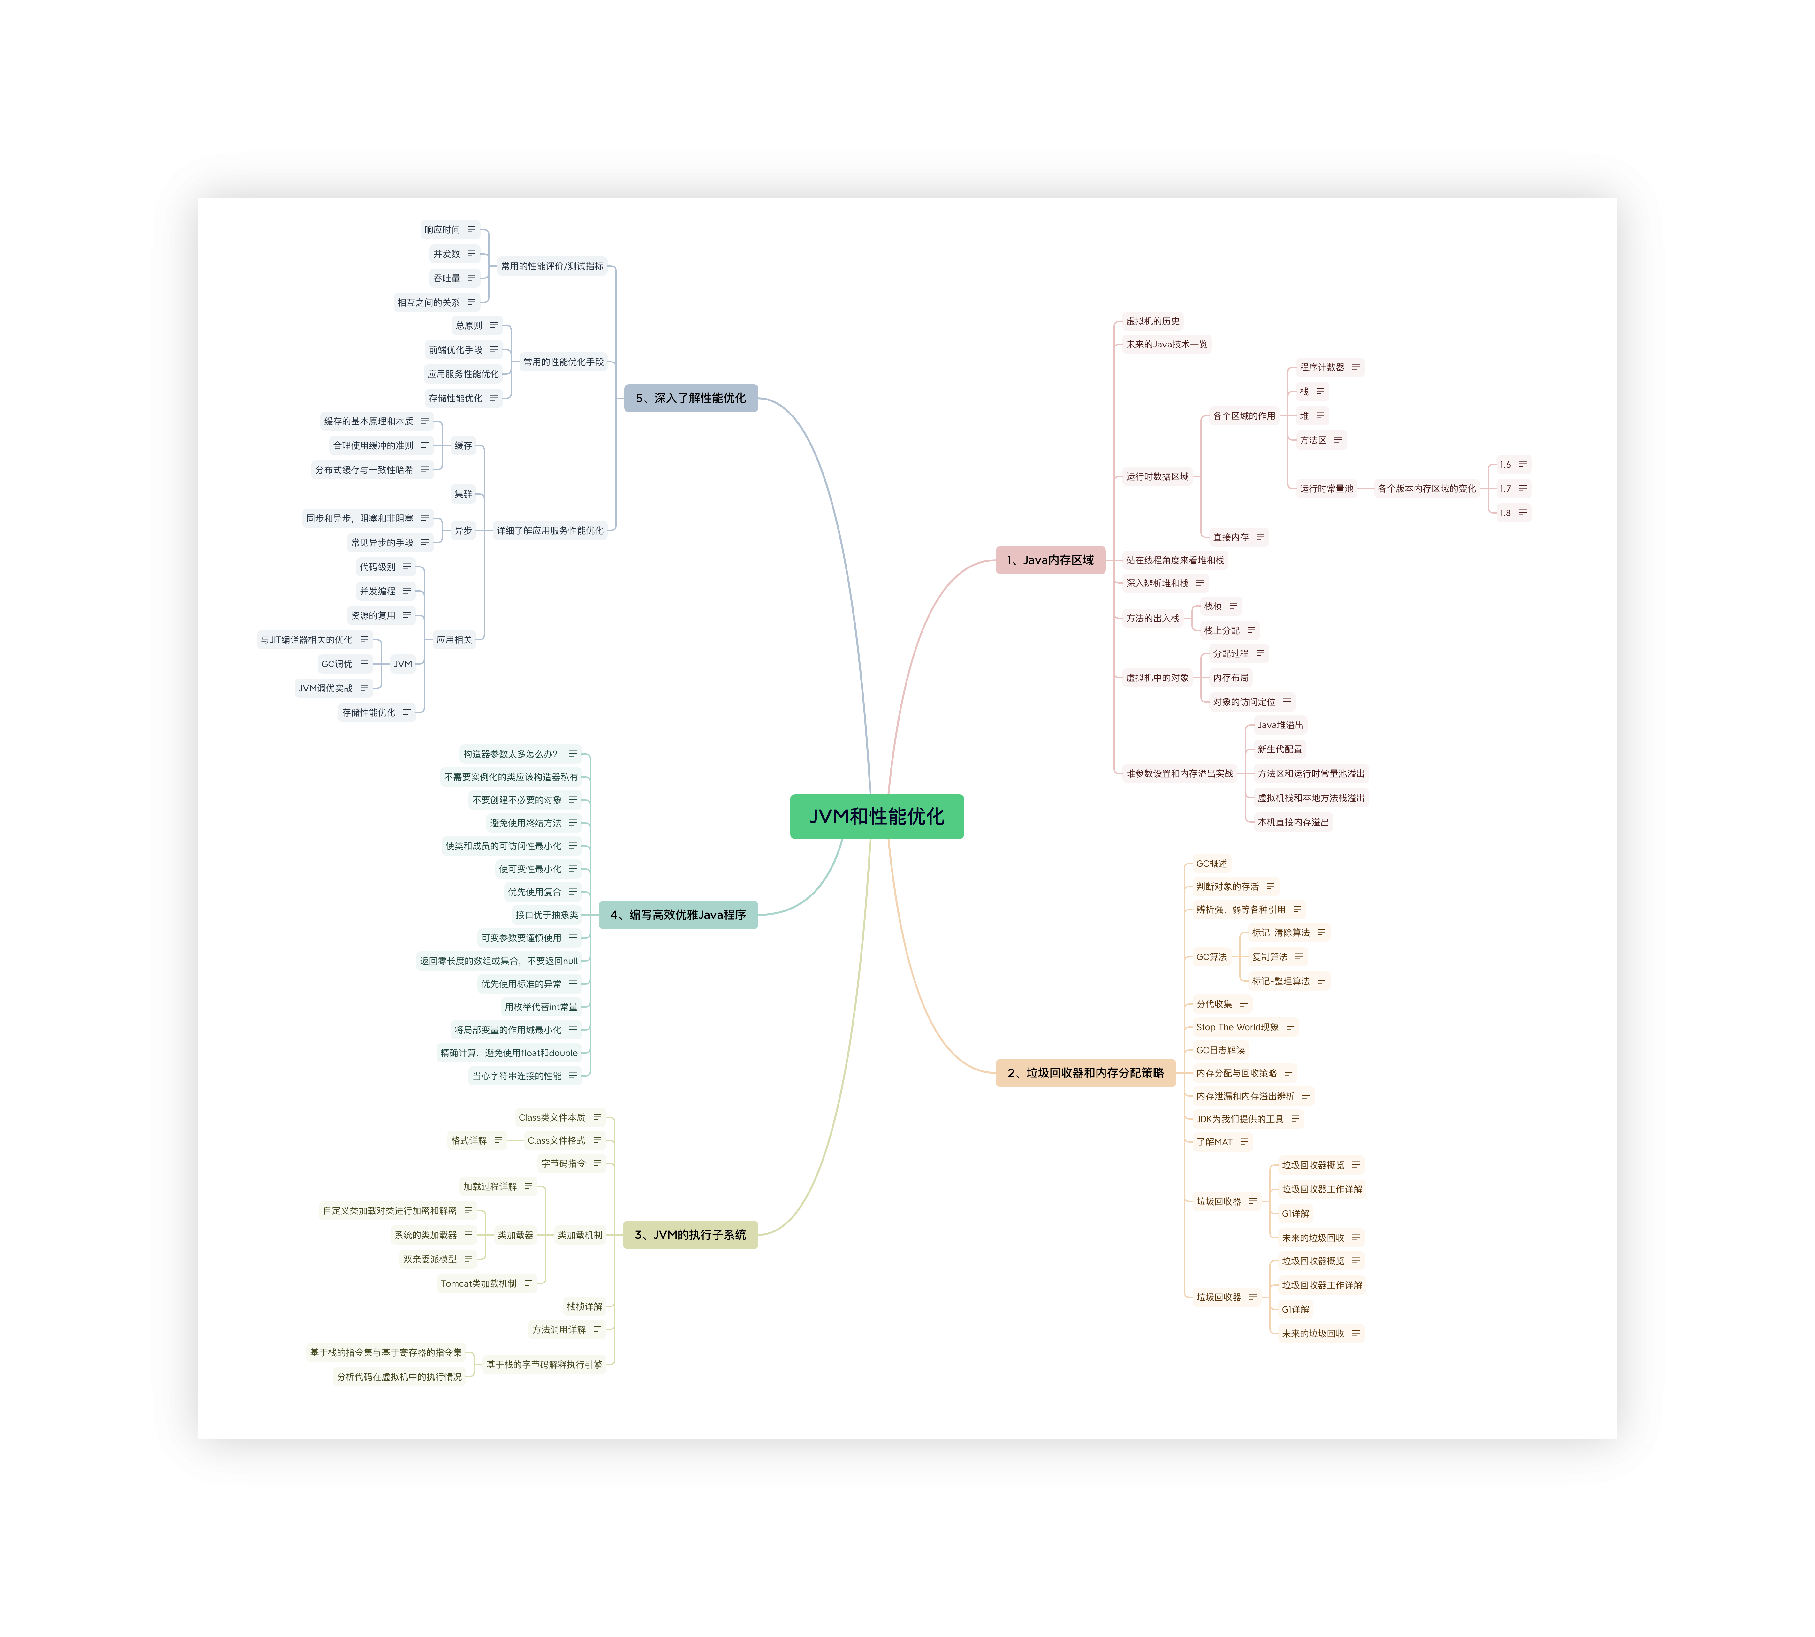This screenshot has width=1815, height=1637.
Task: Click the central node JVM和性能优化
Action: pyautogui.click(x=876, y=817)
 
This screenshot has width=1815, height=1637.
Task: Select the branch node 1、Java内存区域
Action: pyautogui.click(x=1050, y=560)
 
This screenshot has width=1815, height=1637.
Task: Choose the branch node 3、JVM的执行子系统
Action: pyautogui.click(x=690, y=1235)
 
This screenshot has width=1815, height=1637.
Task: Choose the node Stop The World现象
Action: pyautogui.click(x=1237, y=1027)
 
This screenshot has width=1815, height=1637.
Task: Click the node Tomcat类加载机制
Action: pyautogui.click(x=478, y=1283)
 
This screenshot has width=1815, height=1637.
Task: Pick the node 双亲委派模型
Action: pyautogui.click(x=430, y=1259)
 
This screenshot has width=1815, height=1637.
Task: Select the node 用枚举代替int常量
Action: pyautogui.click(x=541, y=1007)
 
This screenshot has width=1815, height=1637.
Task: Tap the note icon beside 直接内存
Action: pyautogui.click(x=1260, y=537)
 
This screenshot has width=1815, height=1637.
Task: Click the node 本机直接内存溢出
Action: pyautogui.click(x=1293, y=822)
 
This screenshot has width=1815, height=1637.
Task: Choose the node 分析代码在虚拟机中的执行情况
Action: pyautogui.click(x=399, y=1377)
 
